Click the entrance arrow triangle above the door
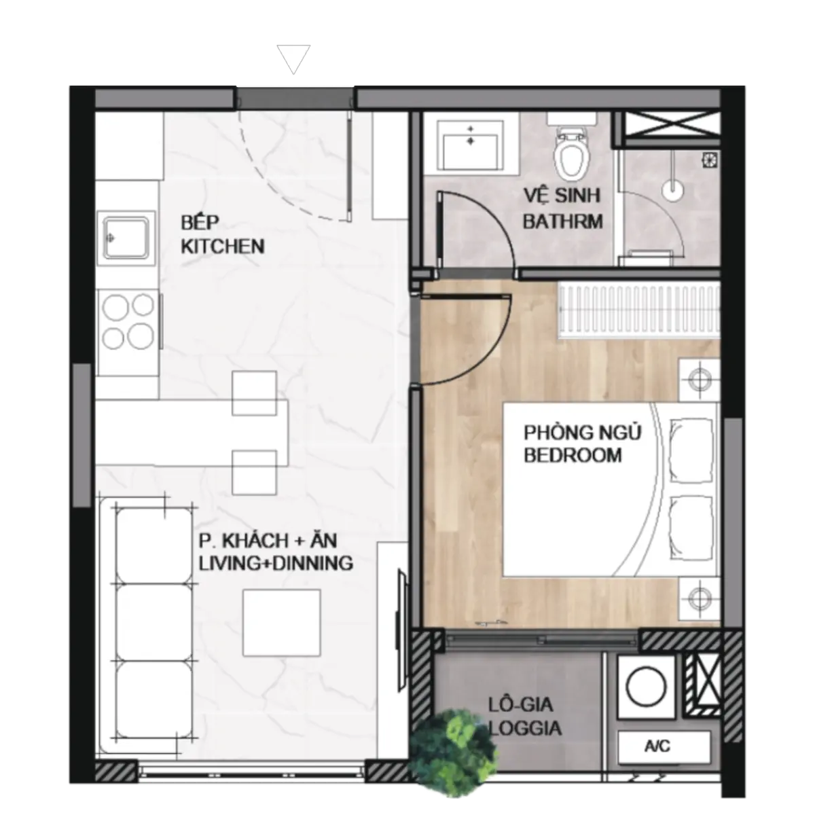[293, 59]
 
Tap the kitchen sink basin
[126, 238]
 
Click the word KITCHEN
[223, 247]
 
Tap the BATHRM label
[563, 221]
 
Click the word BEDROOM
[573, 455]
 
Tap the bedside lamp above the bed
[700, 380]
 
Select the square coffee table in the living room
[281, 623]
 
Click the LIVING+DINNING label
[276, 563]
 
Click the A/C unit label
[657, 746]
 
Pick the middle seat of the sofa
[154, 622]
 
